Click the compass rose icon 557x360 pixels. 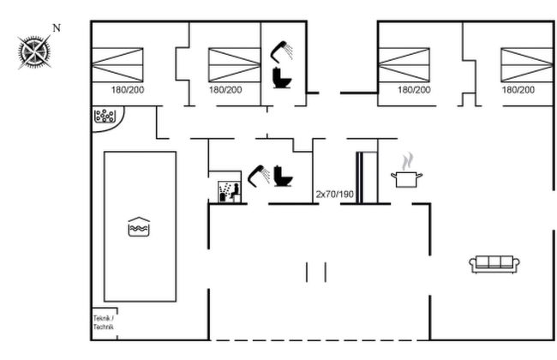33,51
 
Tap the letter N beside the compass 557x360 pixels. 57,28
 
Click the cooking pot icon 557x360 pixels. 407,177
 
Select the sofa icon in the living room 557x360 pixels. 495,264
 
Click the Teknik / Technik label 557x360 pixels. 103,322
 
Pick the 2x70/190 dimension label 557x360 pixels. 333,194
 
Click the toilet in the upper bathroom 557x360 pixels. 281,79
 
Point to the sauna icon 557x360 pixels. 227,190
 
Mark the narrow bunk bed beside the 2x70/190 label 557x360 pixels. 366,177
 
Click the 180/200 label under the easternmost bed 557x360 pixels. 518,89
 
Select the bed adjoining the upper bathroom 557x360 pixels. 225,64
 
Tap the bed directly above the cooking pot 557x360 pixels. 403,64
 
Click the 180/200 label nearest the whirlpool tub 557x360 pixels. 128,89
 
